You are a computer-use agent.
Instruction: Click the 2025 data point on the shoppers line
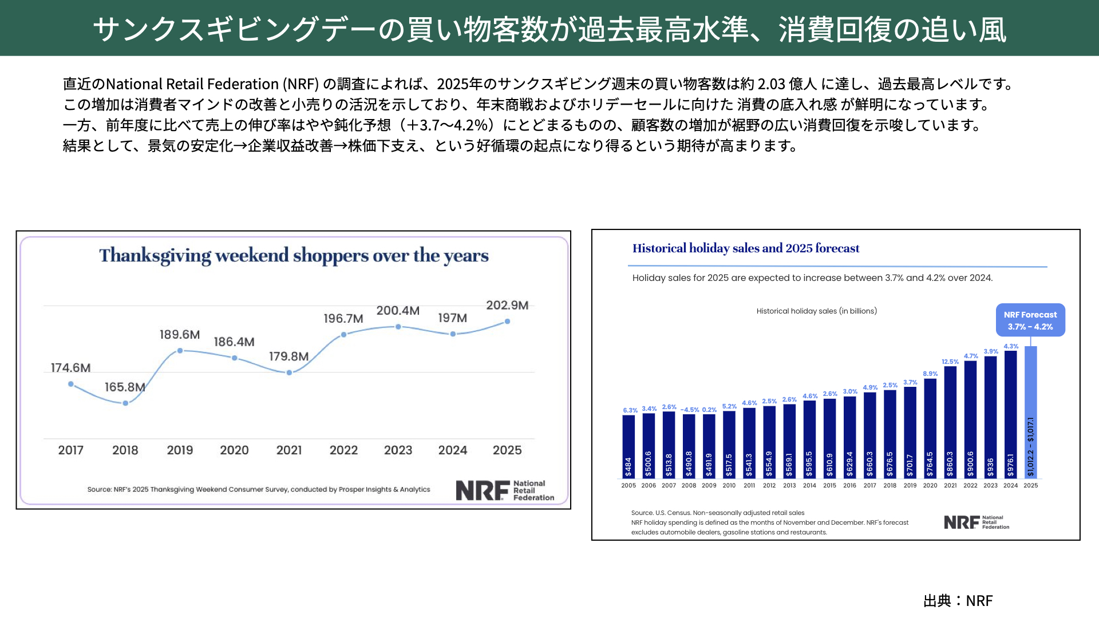pyautogui.click(x=507, y=322)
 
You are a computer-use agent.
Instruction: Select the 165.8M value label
pyautogui.click(x=125, y=387)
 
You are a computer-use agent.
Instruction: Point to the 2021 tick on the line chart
pyautogui.click(x=289, y=450)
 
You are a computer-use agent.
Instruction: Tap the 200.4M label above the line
pyautogui.click(x=398, y=311)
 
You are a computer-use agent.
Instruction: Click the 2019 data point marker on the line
pyautogui.click(x=180, y=351)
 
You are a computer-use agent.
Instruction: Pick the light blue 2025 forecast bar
pyautogui.click(x=1030, y=412)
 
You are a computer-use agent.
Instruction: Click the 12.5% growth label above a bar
pyautogui.click(x=950, y=362)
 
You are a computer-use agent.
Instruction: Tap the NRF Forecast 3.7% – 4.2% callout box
pyautogui.click(x=1030, y=320)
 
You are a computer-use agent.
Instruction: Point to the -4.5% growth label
pyautogui.click(x=690, y=410)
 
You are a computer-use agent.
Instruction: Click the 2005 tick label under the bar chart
pyautogui.click(x=628, y=485)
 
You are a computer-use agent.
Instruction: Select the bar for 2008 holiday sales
pyautogui.click(x=689, y=446)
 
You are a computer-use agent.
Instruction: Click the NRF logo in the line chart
pyautogui.click(x=504, y=490)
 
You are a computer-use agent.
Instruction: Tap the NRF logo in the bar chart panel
pyautogui.click(x=976, y=522)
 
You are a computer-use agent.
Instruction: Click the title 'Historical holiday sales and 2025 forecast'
pyautogui.click(x=746, y=248)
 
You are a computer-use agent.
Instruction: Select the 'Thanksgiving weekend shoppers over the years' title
pyautogui.click(x=294, y=255)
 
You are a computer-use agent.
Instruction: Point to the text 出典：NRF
pyautogui.click(x=958, y=601)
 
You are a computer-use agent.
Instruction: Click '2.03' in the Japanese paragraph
pyautogui.click(x=771, y=84)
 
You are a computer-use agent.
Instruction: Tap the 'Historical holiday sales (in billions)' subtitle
pyautogui.click(x=817, y=311)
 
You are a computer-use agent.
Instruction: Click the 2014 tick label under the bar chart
pyautogui.click(x=809, y=485)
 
